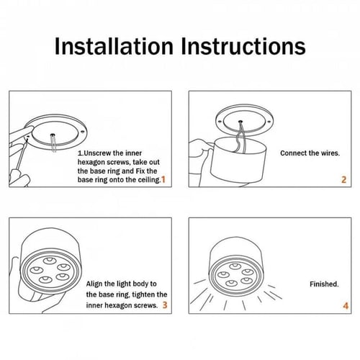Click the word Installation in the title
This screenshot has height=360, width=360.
tap(114, 46)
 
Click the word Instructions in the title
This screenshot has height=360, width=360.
tap(243, 46)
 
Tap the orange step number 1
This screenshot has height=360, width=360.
tap(163, 179)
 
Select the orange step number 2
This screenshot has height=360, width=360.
tap(343, 180)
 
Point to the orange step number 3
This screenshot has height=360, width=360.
tap(165, 305)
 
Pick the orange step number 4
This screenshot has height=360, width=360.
tap(346, 306)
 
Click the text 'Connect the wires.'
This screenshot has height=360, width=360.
tap(310, 153)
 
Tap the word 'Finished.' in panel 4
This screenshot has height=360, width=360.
tap(324, 284)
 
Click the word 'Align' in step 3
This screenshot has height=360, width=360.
tap(94, 284)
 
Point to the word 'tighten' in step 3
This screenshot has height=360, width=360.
tap(144, 294)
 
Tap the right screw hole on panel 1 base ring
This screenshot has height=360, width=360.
tap(83, 132)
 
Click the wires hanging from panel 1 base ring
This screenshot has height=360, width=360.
tap(53, 143)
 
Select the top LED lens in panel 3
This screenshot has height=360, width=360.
tap(50, 261)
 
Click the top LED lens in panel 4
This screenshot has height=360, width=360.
tap(235, 266)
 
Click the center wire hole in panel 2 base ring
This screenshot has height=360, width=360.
tap(240, 122)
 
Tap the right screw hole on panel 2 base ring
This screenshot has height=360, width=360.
tap(269, 122)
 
